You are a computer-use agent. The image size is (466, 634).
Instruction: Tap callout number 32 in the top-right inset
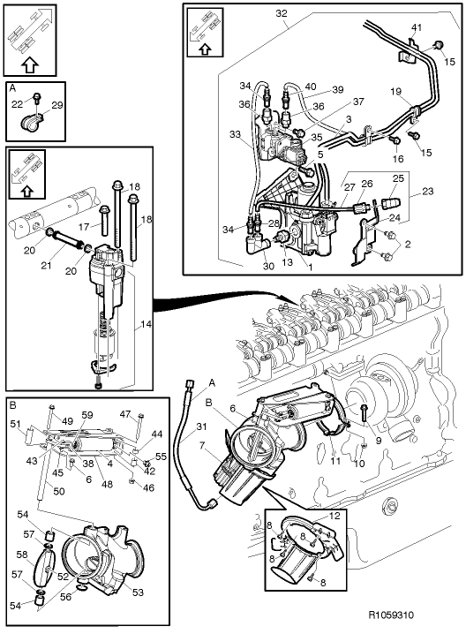click(282, 13)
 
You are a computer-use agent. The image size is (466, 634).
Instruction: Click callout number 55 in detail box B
click(160, 456)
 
